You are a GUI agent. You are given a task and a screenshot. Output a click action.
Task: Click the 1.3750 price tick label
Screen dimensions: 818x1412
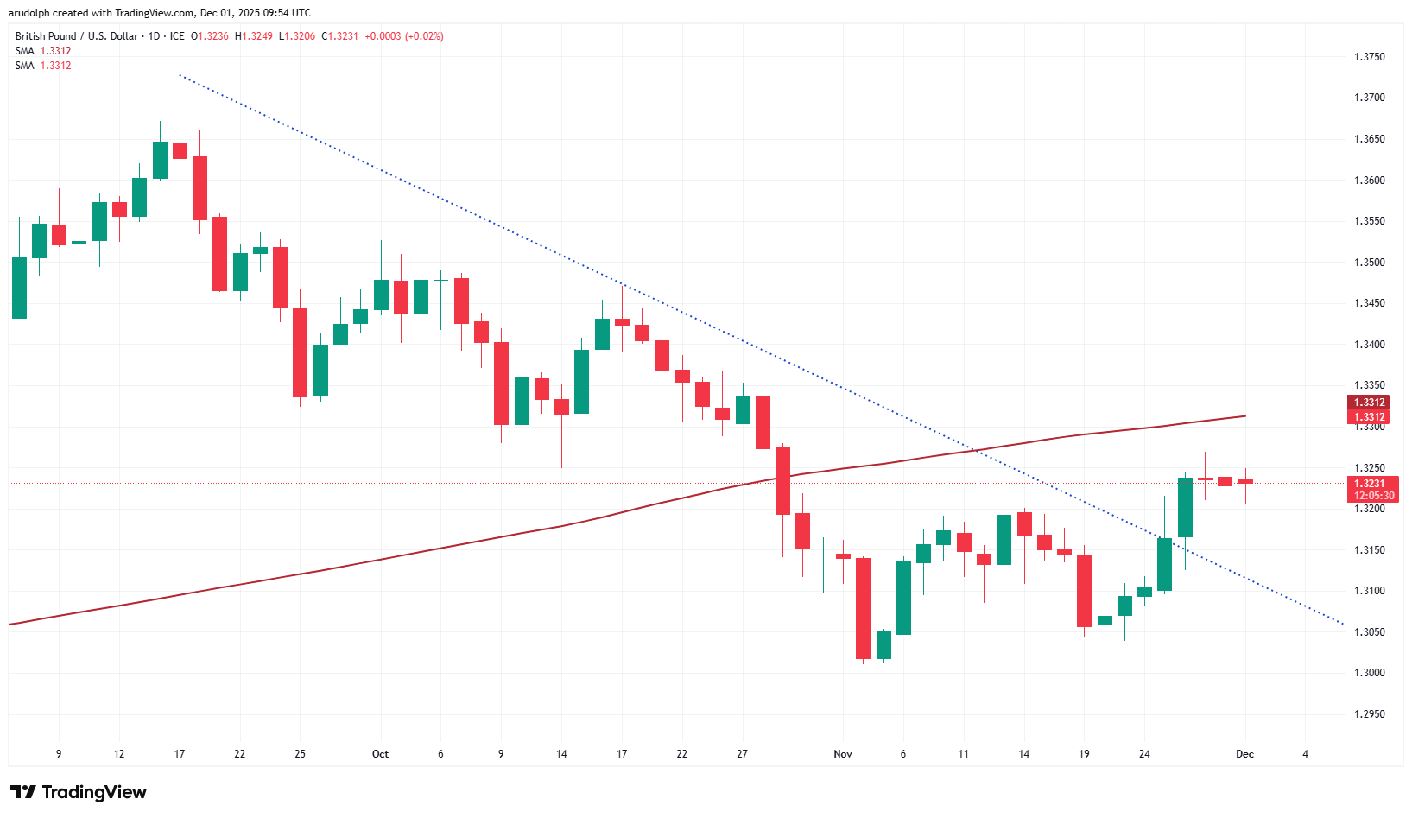[1369, 57]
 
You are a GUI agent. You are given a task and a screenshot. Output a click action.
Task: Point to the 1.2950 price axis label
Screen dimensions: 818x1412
[1369, 714]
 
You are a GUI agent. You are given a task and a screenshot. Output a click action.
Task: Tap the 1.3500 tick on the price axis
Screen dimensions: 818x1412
[1369, 263]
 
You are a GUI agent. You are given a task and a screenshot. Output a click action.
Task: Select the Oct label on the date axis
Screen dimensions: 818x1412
[380, 754]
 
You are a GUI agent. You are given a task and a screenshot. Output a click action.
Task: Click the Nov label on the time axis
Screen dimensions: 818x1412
[843, 754]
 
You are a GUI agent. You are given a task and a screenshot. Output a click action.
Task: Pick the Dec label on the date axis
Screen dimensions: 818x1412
[1244, 754]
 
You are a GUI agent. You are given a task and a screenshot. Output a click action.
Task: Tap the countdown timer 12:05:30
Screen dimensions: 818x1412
[1373, 496]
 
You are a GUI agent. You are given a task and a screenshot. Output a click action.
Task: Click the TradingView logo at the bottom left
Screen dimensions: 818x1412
[79, 792]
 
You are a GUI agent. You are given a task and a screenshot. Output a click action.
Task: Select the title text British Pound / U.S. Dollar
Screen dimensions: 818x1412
[76, 36]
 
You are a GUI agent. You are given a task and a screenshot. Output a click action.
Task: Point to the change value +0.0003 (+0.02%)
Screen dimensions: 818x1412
[404, 36]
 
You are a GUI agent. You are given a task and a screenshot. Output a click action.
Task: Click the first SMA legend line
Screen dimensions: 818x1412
[43, 51]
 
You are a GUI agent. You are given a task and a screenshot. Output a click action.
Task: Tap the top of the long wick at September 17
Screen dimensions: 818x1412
[180, 76]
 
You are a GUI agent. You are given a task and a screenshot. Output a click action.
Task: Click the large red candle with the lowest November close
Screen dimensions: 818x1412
[863, 608]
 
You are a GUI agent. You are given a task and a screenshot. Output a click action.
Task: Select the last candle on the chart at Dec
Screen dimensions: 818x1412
[1245, 481]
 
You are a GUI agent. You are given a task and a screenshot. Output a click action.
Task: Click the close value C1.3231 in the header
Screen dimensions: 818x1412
[339, 36]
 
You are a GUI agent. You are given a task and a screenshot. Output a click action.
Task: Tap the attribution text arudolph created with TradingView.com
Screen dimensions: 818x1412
[160, 13]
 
